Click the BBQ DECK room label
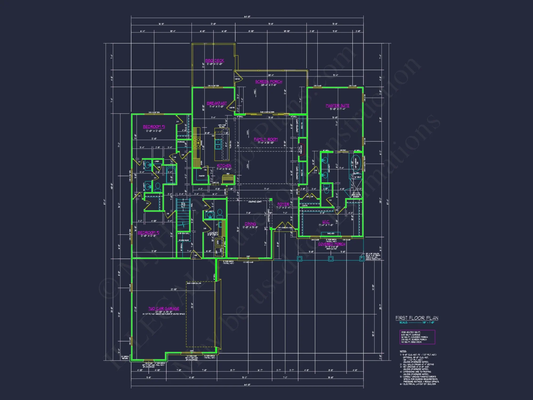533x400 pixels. pyautogui.click(x=215, y=61)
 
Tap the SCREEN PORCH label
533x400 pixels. pyautogui.click(x=269, y=82)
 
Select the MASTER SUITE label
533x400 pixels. pyautogui.click(x=337, y=106)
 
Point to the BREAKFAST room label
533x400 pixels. pyautogui.click(x=217, y=103)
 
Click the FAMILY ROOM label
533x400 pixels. pyautogui.click(x=266, y=139)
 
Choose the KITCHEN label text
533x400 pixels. pyautogui.click(x=224, y=166)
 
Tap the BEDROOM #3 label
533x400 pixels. pyautogui.click(x=154, y=127)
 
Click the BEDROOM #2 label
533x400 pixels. pyautogui.click(x=148, y=233)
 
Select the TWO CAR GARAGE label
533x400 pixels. pyautogui.click(x=164, y=309)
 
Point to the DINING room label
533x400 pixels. pyautogui.click(x=250, y=224)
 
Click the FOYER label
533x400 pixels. pyautogui.click(x=283, y=204)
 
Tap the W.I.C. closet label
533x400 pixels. pyautogui.click(x=326, y=222)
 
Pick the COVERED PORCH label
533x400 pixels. pyautogui.click(x=332, y=244)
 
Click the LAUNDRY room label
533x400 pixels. pyautogui.click(x=213, y=233)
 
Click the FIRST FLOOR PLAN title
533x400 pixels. pyautogui.click(x=417, y=318)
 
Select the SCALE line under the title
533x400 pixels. pyautogui.click(x=417, y=323)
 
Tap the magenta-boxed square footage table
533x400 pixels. pyautogui.click(x=417, y=337)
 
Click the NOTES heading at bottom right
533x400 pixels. pyautogui.click(x=403, y=351)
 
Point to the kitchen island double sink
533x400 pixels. pyautogui.click(x=218, y=144)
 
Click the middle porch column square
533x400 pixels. pyautogui.click(x=331, y=259)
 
